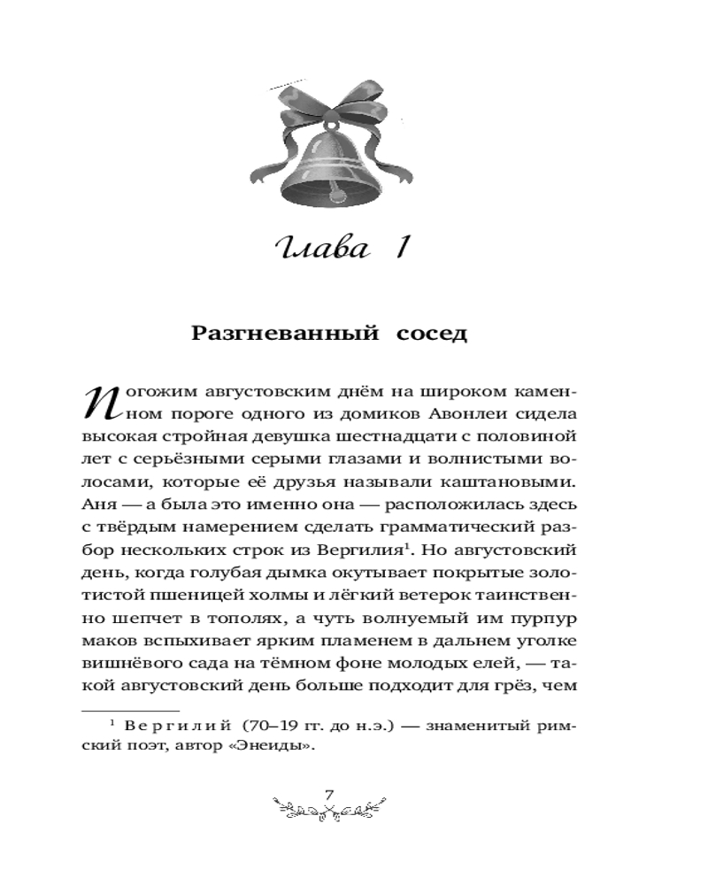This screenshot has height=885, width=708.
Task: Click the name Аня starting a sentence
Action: pos(97,505)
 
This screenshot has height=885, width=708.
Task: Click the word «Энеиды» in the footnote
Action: pos(282,745)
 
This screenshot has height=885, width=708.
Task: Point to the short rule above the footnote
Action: pos(130,708)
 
